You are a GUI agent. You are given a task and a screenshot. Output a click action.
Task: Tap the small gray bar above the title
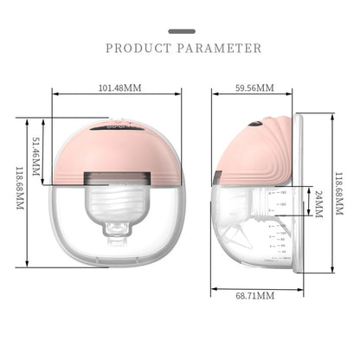point(180,31)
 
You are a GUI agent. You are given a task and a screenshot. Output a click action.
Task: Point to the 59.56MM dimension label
point(254,87)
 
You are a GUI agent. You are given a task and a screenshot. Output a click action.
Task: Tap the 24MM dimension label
point(317,202)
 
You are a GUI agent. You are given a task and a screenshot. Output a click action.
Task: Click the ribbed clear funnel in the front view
point(121,208)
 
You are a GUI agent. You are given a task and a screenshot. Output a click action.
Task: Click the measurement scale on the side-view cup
point(275,221)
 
